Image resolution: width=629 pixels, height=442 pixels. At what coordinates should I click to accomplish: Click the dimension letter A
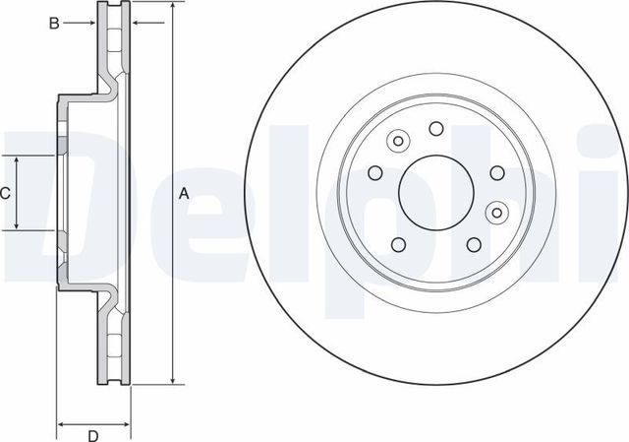[x=183, y=194]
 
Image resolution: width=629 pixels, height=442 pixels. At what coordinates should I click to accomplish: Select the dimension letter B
[x=55, y=22]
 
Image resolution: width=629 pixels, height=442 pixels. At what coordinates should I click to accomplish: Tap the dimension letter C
[x=6, y=194]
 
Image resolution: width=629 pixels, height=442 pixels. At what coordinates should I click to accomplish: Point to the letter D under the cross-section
[x=93, y=434]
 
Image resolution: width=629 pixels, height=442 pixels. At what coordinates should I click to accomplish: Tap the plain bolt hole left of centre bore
[x=374, y=171]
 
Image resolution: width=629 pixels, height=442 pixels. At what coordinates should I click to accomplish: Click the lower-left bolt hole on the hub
[x=398, y=244]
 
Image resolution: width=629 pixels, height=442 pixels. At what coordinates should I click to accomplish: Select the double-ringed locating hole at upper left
[x=398, y=142]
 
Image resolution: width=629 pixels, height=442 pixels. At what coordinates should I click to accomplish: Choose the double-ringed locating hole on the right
[x=497, y=210]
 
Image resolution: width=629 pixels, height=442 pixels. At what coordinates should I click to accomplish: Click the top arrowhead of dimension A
[x=173, y=8]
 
